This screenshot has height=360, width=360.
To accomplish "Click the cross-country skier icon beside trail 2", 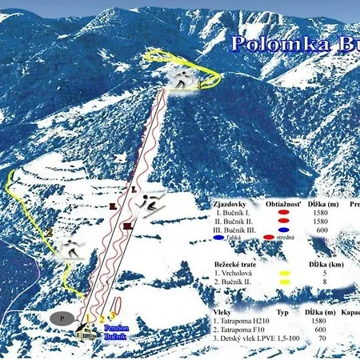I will pyautogui.click(x=73, y=247).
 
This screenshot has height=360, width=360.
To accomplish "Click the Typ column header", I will pyautogui.click(x=282, y=310).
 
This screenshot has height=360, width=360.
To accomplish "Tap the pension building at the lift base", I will pyautogui.click(x=85, y=330).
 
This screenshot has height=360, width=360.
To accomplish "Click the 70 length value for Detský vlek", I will pyautogui.click(x=322, y=338).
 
